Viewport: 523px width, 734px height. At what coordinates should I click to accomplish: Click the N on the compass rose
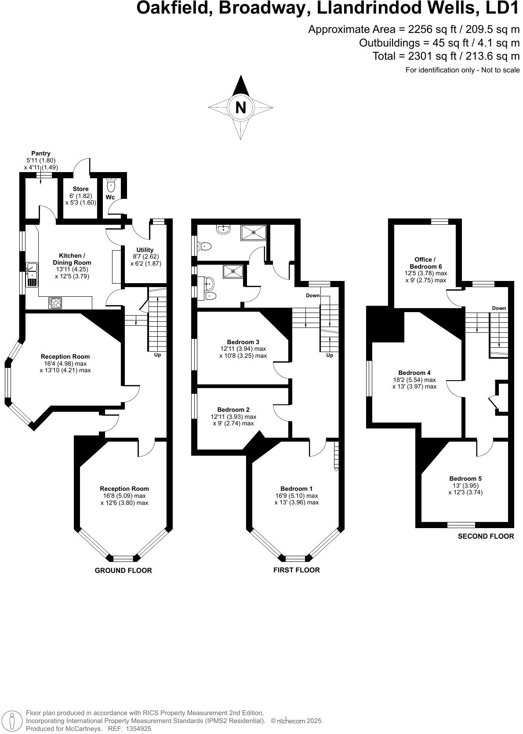pyautogui.click(x=240, y=108)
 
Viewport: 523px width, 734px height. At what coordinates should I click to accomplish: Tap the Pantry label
pyautogui.click(x=40, y=153)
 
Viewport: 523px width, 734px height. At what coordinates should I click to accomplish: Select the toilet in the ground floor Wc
pyautogui.click(x=111, y=186)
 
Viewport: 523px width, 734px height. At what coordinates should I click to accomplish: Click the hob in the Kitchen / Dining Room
pyautogui.click(x=55, y=303)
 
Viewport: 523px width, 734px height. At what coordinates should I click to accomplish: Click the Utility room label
pyautogui.click(x=145, y=250)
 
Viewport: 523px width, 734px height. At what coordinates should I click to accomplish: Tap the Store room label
pyautogui.click(x=80, y=189)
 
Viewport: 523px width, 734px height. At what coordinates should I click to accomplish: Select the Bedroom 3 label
pyautogui.click(x=243, y=342)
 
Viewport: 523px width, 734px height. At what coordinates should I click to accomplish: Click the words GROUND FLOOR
pyautogui.click(x=123, y=571)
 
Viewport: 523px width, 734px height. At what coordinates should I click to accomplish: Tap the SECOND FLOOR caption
pyautogui.click(x=486, y=536)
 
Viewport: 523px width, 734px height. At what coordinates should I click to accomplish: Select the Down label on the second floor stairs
pyautogui.click(x=499, y=308)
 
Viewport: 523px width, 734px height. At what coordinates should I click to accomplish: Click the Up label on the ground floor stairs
pyautogui.click(x=157, y=355)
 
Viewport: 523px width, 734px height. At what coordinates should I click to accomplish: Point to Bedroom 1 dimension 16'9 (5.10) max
pyautogui.click(x=296, y=496)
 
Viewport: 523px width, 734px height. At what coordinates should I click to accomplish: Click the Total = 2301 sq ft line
pyautogui.click(x=446, y=56)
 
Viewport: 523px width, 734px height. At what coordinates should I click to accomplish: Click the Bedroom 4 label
pyautogui.click(x=414, y=373)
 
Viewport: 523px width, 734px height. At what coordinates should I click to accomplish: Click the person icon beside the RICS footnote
pyautogui.click(x=13, y=720)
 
